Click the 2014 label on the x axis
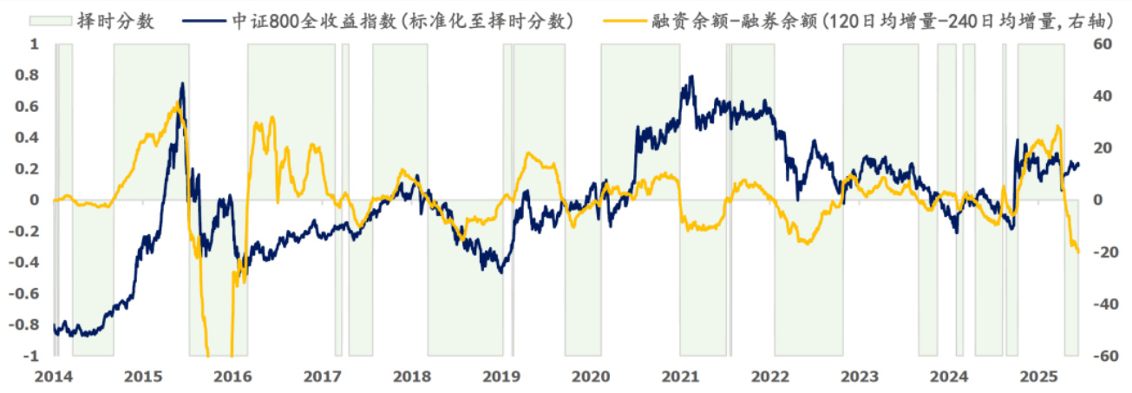(54, 377)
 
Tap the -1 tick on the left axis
(33, 357)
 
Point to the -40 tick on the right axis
(1101, 305)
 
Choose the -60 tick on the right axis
(1101, 357)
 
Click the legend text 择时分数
(127, 20)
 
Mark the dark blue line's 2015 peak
(182, 83)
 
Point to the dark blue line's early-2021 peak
(691, 76)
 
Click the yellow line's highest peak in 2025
(1057, 127)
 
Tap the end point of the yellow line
(1078, 252)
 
